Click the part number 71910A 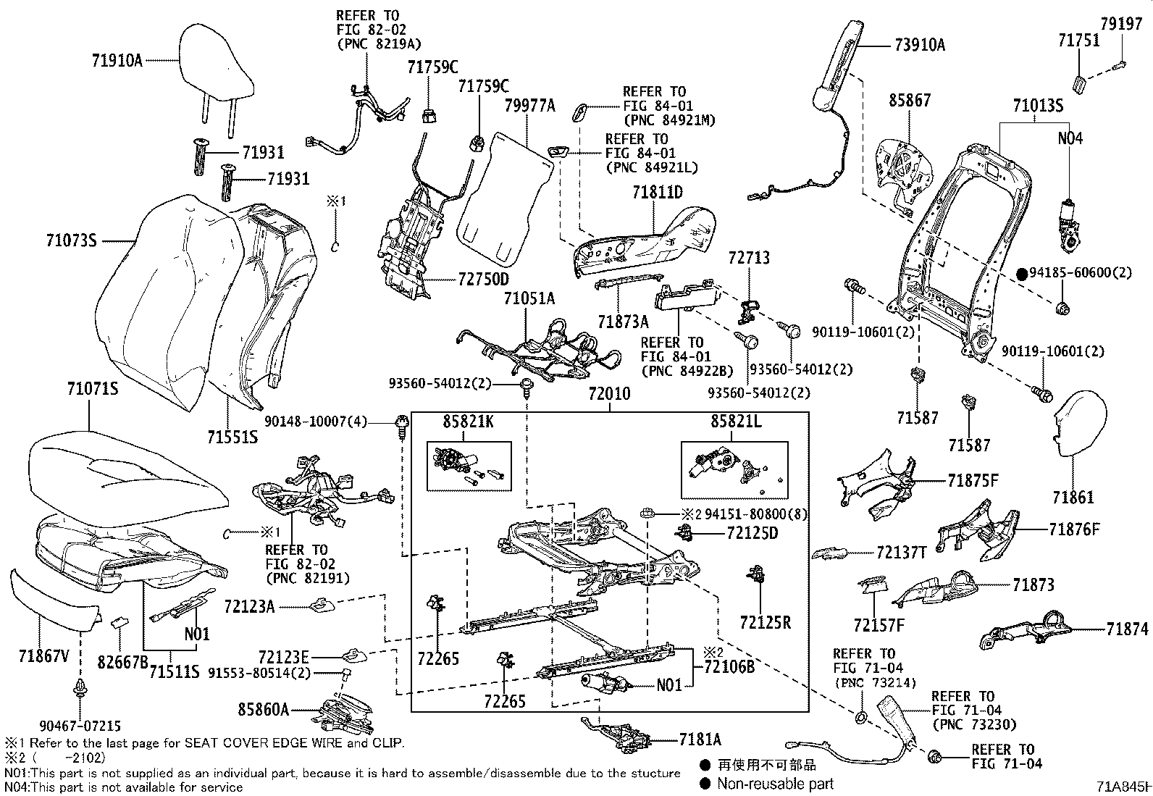point(117,60)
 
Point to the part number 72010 point(609,394)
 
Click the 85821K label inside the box point(468,421)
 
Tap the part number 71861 point(1073,498)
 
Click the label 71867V point(44,656)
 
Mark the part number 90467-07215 point(80,725)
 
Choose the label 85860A point(263,711)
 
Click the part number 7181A point(700,739)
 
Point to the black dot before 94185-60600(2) point(1021,274)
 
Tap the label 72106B point(729,666)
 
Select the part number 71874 point(1127,629)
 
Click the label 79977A point(529,106)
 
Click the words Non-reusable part point(775,784)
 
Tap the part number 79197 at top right point(1121,25)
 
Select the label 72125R point(766,621)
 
